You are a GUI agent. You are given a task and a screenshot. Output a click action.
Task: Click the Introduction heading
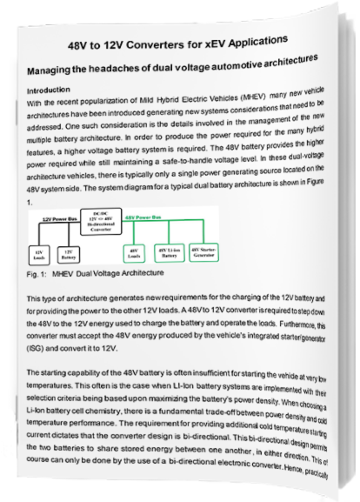tap(50, 90)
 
